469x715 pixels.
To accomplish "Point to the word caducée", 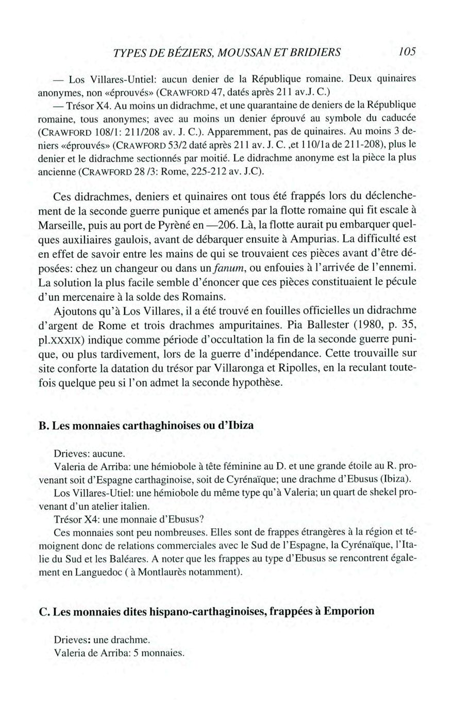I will pos(398,115).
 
